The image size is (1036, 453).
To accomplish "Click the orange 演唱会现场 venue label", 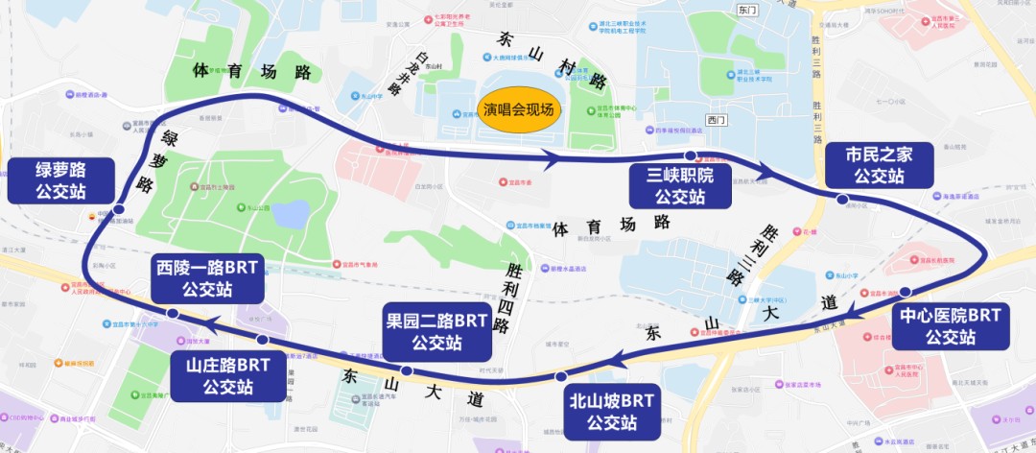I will pyautogui.click(x=518, y=110).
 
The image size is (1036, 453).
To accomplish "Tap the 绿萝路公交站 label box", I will pyautogui.click(x=60, y=180).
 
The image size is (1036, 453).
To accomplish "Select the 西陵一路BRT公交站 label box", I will pyautogui.click(x=207, y=278).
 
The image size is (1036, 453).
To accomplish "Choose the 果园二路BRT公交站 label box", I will pyautogui.click(x=436, y=329).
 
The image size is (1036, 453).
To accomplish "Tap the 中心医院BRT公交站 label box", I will pyautogui.click(x=951, y=325).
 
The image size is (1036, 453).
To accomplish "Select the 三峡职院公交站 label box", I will pyautogui.click(x=679, y=184).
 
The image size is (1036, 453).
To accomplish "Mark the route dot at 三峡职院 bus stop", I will pyautogui.click(x=690, y=155).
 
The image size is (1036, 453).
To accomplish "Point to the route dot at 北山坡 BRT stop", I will pyautogui.click(x=560, y=375).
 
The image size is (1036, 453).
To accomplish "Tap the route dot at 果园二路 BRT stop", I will pyautogui.click(x=407, y=370).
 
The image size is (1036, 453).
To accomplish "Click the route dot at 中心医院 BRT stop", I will pyautogui.click(x=905, y=290).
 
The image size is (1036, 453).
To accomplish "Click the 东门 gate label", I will pyautogui.click(x=747, y=9).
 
